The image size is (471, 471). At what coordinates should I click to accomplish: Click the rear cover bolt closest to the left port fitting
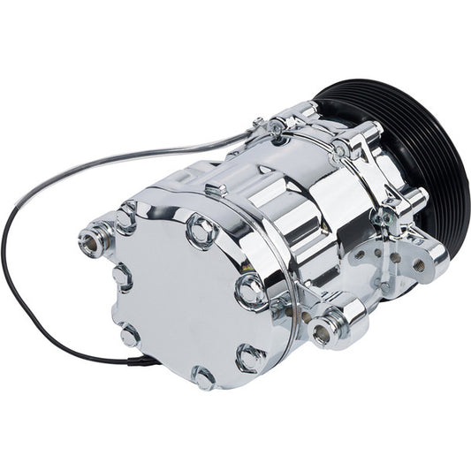pyautogui.click(x=126, y=216)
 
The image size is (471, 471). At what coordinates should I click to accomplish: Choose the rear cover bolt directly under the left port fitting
pyautogui.click(x=121, y=277)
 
